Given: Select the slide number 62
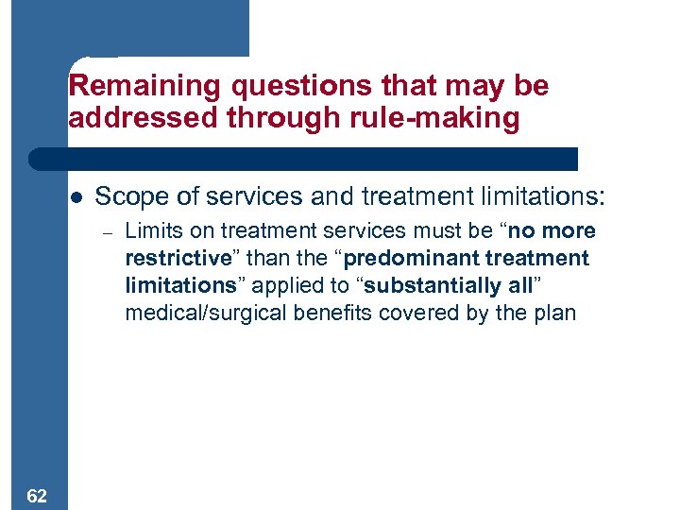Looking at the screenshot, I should click(x=39, y=495).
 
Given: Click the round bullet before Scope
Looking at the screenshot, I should click(x=77, y=197).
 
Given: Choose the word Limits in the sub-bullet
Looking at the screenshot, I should click(x=148, y=231).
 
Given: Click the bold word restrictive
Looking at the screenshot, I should click(x=178, y=259).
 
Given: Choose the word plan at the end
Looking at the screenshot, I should click(x=555, y=314).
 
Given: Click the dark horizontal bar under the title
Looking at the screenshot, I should click(x=302, y=159).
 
